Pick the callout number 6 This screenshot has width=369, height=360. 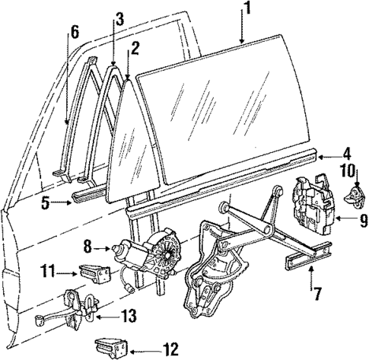click(74, 32)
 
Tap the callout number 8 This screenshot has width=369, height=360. click(87, 247)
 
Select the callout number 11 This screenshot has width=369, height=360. click(49, 269)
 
